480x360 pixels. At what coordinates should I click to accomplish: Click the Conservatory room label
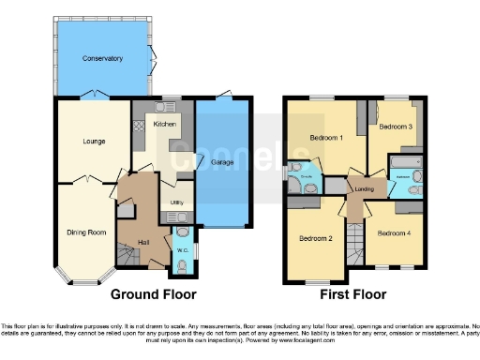point(102,59)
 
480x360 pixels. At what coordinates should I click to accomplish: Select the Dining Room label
point(85,232)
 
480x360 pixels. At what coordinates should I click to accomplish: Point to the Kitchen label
point(165,124)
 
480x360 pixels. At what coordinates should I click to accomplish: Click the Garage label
point(223,162)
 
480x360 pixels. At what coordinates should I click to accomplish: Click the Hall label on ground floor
point(143,242)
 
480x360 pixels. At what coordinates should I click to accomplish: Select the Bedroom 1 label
point(326,138)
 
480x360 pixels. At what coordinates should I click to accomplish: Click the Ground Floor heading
point(154,293)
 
